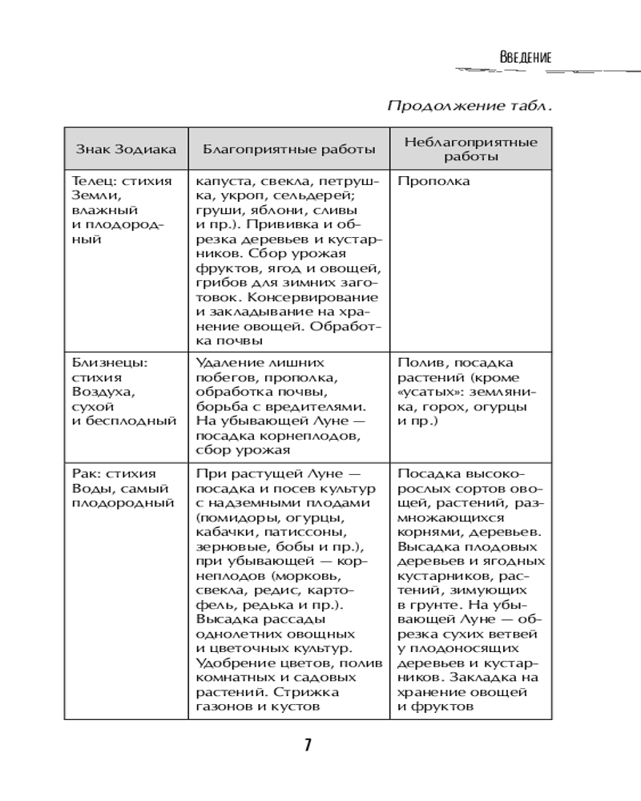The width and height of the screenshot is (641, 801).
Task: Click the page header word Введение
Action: pos(525,58)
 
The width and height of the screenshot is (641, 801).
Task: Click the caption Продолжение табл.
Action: pos(470,106)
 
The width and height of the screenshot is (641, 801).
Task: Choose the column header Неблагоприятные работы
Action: pos(470,149)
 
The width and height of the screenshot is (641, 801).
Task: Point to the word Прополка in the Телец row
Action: pos(433,181)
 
